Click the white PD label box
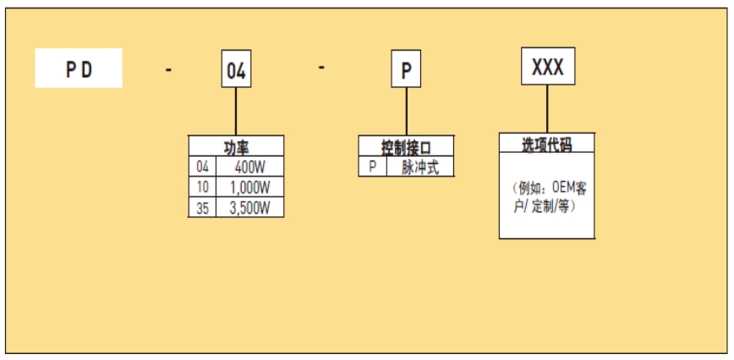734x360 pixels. click(79, 68)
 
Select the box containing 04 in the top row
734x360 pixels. click(236, 71)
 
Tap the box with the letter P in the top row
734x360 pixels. click(405, 71)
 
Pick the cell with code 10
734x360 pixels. click(201, 187)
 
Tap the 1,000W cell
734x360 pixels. click(249, 187)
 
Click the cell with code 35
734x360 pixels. click(201, 207)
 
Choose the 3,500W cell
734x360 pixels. click(249, 207)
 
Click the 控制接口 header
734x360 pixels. click(406, 147)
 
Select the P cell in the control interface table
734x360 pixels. click(371, 166)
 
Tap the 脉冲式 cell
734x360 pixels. click(419, 166)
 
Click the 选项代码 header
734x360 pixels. click(546, 145)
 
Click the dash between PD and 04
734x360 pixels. click(169, 70)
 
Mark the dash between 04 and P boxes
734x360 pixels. click(322, 68)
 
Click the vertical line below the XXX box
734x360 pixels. click(547, 110)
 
